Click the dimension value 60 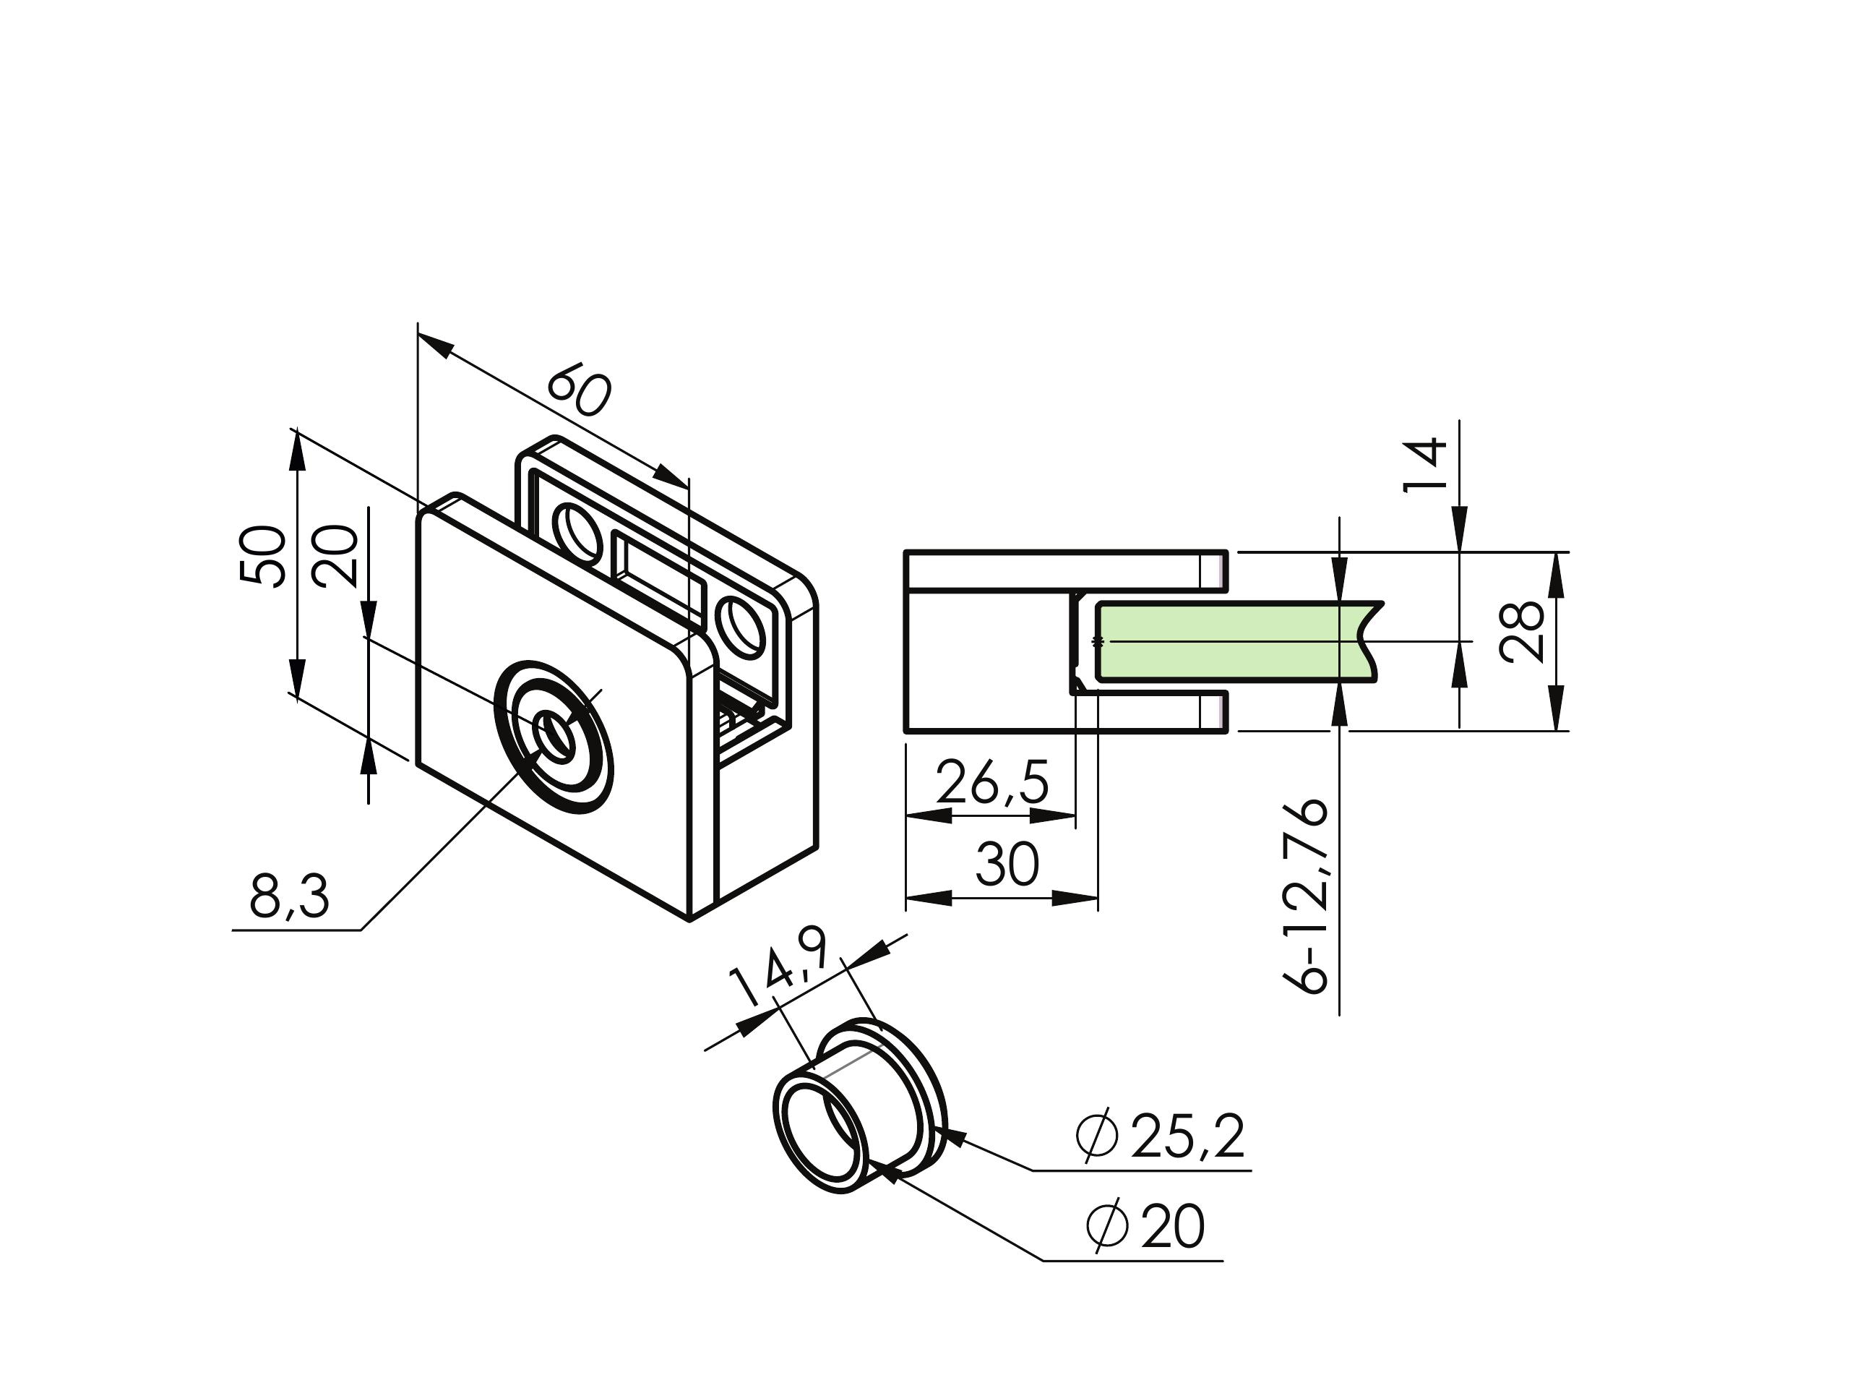(579, 390)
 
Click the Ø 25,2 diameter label (1162, 1136)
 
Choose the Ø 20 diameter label (1146, 1228)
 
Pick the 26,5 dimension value (992, 782)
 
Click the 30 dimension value (1007, 865)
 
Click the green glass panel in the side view (1229, 642)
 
